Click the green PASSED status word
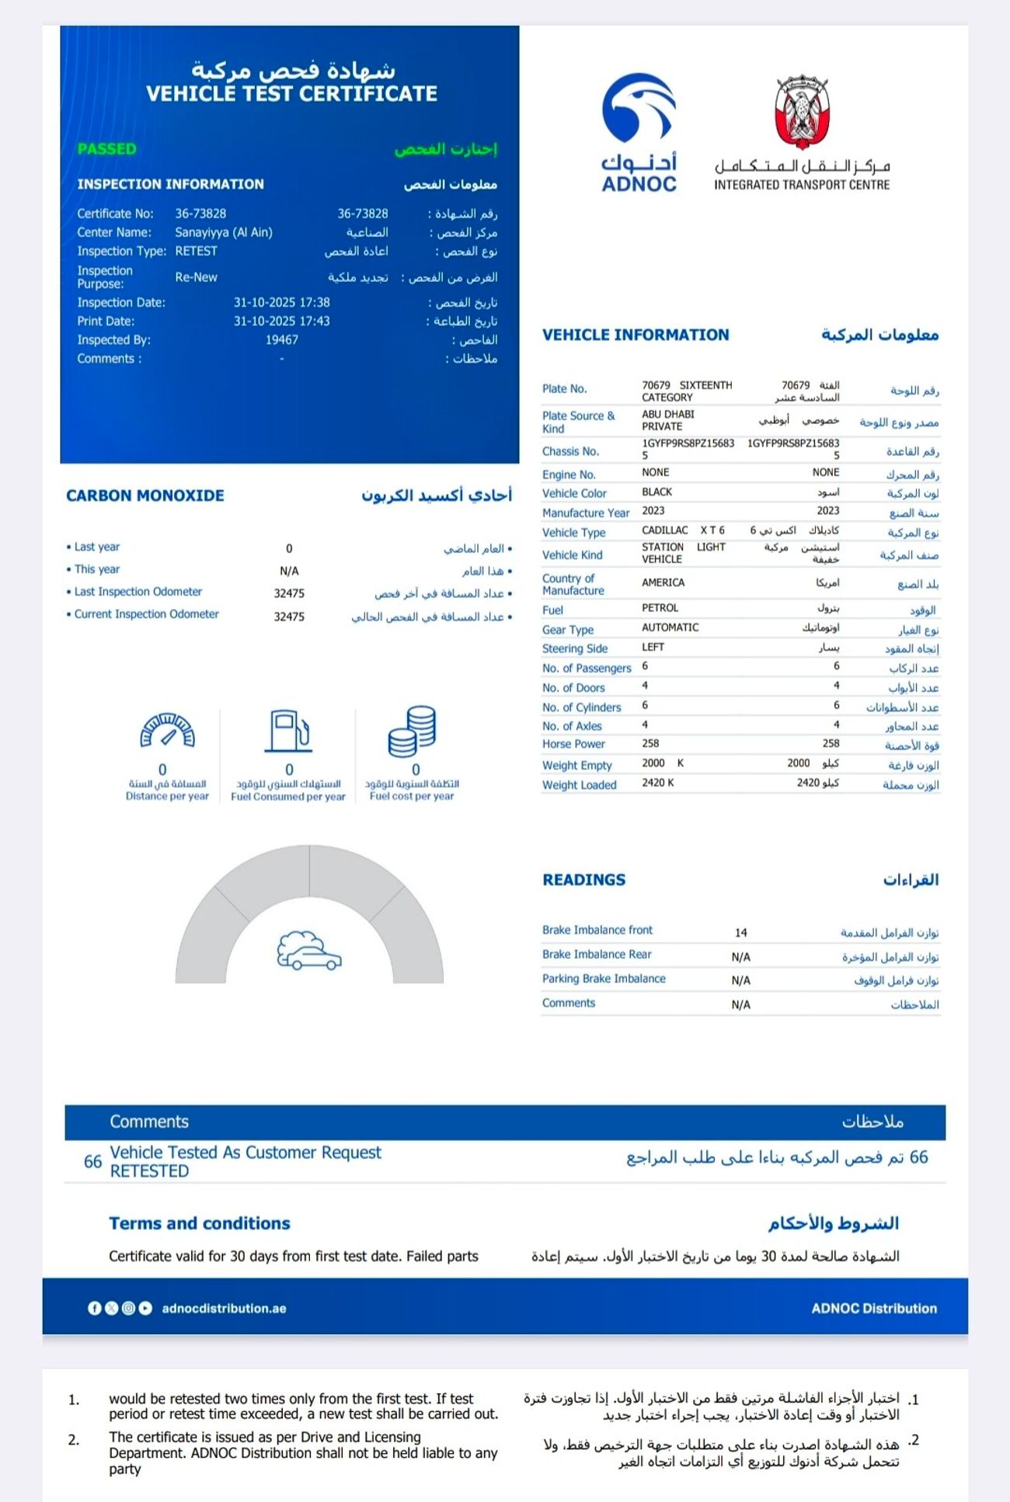point(106,149)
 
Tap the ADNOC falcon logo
point(639,110)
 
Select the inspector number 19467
point(281,340)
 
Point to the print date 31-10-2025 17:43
point(281,322)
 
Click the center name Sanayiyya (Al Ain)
point(223,232)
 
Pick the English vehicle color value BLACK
point(656,492)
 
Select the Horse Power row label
point(573,744)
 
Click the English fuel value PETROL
point(660,608)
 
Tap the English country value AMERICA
point(663,582)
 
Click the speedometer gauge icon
point(167,730)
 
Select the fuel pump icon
point(288,731)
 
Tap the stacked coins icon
point(412,731)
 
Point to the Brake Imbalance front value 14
point(740,933)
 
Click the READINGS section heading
point(583,880)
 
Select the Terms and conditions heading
point(200,1223)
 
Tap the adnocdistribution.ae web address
point(224,1309)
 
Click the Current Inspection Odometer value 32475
point(289,617)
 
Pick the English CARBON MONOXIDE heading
point(145,495)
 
